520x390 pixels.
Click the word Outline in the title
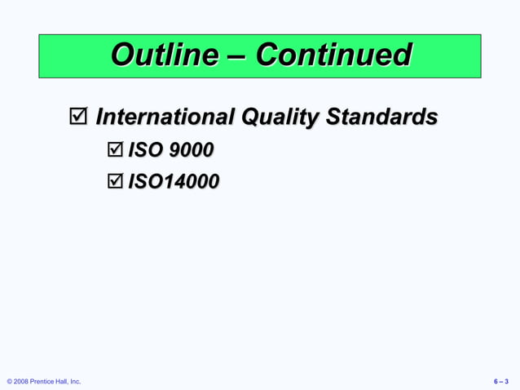point(164,55)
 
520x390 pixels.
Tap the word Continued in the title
point(333,55)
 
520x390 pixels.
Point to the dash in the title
point(236,56)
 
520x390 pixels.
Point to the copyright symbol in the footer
point(9,381)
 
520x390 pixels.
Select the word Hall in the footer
point(63,381)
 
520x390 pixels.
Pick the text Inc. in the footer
point(76,381)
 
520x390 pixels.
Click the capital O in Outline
point(121,55)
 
